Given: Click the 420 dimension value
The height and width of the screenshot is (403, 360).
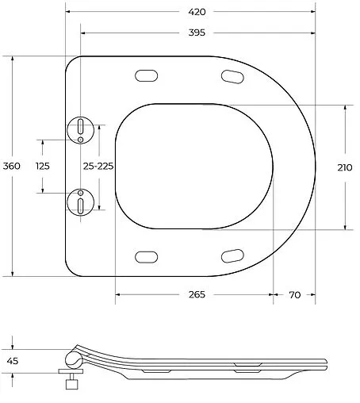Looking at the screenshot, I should (197, 12).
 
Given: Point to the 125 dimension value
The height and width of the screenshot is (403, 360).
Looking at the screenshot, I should (43, 166).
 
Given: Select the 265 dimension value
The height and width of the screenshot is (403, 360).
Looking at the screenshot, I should (197, 294).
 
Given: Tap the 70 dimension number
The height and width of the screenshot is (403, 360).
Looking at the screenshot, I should (294, 294).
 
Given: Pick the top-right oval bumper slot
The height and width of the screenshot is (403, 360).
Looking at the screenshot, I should (232, 76).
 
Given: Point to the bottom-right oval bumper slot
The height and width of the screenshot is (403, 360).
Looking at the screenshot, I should (232, 255).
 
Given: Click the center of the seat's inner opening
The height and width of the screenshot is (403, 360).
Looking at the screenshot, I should (194, 166).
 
